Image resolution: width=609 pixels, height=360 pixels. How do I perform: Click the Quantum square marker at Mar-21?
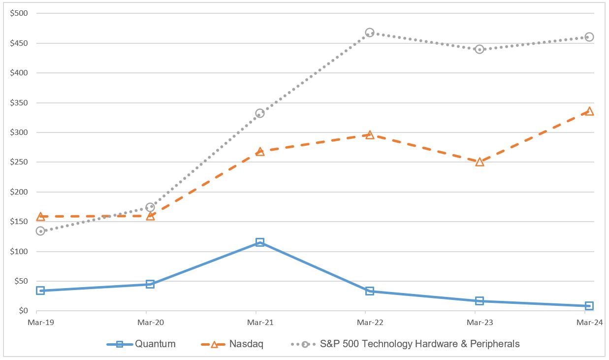click(260, 242)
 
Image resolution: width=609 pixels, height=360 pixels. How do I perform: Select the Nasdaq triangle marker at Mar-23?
click(480, 162)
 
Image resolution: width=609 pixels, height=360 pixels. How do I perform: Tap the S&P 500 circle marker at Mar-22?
click(370, 33)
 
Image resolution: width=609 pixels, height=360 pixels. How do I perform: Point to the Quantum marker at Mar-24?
click(589, 306)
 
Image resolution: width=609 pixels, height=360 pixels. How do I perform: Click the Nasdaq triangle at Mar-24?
click(589, 111)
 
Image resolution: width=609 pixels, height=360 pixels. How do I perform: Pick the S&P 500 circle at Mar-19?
click(40, 231)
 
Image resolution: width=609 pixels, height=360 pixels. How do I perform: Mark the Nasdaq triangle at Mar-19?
click(40, 216)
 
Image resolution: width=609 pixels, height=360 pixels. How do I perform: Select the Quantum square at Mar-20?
click(150, 284)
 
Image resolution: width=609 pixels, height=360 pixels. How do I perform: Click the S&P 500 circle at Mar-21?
click(260, 113)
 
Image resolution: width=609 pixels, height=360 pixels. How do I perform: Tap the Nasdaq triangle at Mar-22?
click(370, 134)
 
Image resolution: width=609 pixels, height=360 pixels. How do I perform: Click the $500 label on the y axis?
click(19, 13)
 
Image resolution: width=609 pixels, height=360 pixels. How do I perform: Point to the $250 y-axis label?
click(19, 162)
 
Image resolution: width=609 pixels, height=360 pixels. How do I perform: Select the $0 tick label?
click(23, 311)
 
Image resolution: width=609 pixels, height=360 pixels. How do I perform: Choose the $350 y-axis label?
click(19, 102)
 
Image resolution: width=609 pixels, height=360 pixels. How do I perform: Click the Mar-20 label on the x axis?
click(146, 323)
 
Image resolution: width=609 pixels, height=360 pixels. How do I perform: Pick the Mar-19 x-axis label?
click(36, 323)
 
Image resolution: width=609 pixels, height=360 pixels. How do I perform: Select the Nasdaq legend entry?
click(246, 344)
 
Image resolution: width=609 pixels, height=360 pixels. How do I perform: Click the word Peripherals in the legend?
click(494, 344)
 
